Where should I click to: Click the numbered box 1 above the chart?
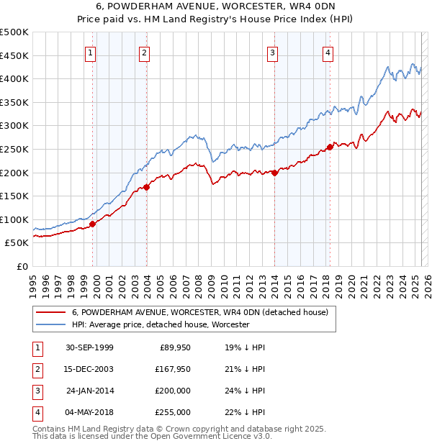click(91, 52)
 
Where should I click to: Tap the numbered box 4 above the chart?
click(328, 52)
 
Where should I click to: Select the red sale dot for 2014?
click(274, 173)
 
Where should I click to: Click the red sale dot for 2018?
click(329, 147)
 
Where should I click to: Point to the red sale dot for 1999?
click(93, 224)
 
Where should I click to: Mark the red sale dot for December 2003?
click(146, 187)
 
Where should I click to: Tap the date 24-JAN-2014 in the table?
click(89, 391)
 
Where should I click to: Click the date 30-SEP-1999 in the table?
click(89, 347)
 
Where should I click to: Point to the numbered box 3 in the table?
click(37, 391)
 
